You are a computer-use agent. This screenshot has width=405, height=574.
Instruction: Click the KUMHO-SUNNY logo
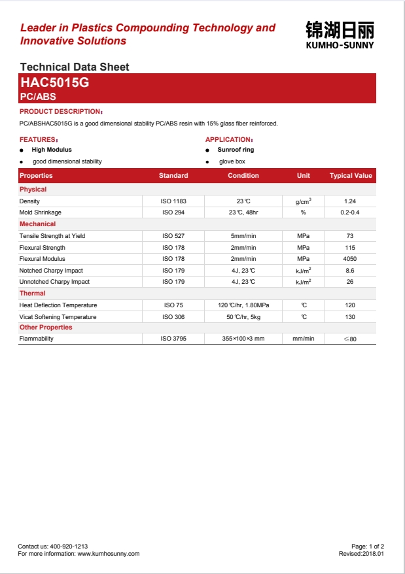click(x=340, y=35)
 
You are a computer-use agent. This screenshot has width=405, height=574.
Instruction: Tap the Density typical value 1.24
click(x=350, y=201)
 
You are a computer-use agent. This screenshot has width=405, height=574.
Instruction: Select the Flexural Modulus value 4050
click(x=350, y=259)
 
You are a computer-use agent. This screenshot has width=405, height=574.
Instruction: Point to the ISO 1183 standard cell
click(x=173, y=201)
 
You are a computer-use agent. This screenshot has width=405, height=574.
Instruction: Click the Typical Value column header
click(x=351, y=176)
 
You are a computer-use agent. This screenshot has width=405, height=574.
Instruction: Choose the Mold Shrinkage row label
click(x=41, y=212)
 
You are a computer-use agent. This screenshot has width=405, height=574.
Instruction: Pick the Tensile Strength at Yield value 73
click(x=350, y=236)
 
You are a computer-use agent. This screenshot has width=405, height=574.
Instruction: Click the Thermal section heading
click(x=32, y=294)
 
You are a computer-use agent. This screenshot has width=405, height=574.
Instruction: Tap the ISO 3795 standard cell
click(x=173, y=339)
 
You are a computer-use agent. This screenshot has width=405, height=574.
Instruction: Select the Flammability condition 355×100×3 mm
click(x=243, y=339)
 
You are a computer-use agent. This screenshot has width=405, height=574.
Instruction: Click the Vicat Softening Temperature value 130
click(x=350, y=317)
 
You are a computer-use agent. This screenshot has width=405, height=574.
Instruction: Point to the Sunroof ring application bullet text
click(x=236, y=150)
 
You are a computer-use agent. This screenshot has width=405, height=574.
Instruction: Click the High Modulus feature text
click(x=52, y=150)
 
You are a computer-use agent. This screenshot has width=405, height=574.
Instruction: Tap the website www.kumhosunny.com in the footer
click(x=109, y=554)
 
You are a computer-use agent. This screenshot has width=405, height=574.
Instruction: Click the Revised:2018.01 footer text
click(x=361, y=554)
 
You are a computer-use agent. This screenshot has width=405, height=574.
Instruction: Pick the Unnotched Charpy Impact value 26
click(x=350, y=282)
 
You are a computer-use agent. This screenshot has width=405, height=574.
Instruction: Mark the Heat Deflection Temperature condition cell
click(x=243, y=305)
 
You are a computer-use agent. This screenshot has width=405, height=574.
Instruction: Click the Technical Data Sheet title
click(x=75, y=67)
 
